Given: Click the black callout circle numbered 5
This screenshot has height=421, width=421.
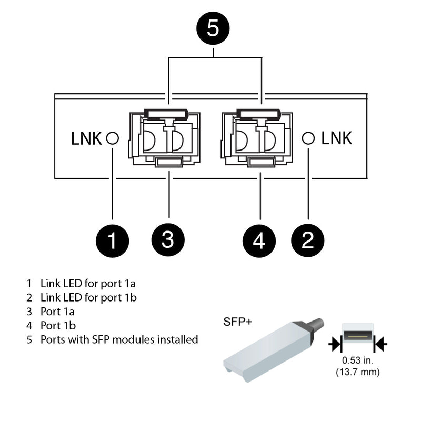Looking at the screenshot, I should tap(213, 28).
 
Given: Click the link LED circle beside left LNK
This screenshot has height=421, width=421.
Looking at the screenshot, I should tap(112, 138).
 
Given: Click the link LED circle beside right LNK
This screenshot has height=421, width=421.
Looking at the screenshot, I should tap(308, 138).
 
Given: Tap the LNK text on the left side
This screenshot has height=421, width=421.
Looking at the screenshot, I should tap(87, 138).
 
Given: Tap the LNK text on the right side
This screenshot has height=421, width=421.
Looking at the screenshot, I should tap(337, 138).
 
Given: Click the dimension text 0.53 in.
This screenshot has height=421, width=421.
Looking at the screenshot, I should tap(358, 361).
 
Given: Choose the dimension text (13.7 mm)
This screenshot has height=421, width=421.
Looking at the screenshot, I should tap(358, 373).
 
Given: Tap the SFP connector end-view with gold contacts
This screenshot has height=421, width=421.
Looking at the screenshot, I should tap(358, 335).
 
